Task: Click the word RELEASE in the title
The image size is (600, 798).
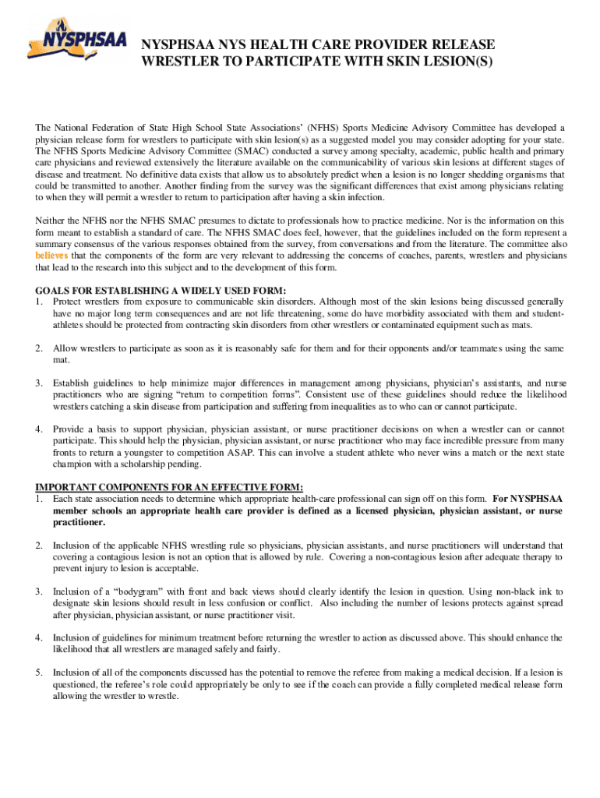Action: pos(460,44)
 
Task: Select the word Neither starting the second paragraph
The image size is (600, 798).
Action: pos(54,221)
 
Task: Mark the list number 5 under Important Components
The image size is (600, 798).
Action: pos(39,672)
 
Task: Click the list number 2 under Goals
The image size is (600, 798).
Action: pos(39,348)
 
